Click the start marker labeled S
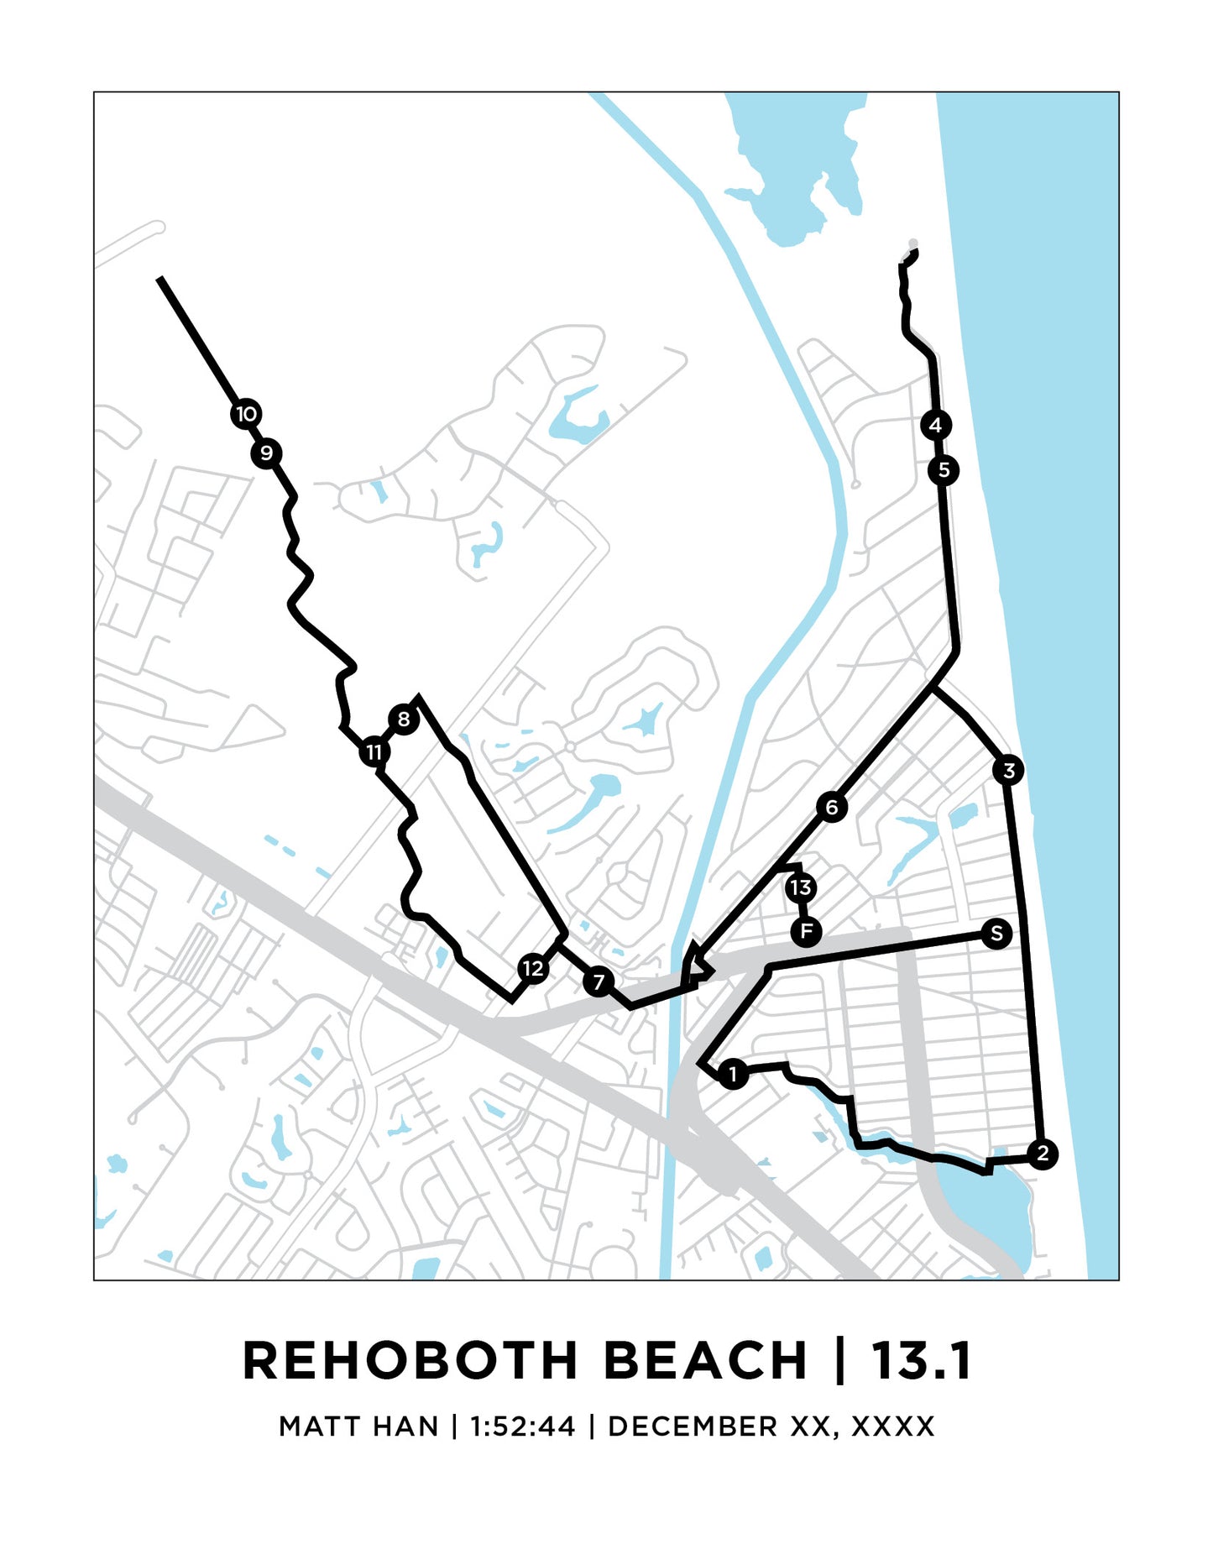(996, 933)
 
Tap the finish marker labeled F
(806, 931)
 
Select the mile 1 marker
(733, 1074)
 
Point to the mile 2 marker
(1043, 1154)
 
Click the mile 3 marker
(1008, 770)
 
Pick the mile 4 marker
(935, 425)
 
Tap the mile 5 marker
(944, 470)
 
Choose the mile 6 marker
(831, 808)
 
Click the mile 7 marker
(599, 981)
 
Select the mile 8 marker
(404, 720)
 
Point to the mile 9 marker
(266, 453)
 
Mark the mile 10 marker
(246, 414)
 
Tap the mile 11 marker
(374, 752)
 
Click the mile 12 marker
(533, 969)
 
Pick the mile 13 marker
(801, 887)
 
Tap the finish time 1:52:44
(522, 1426)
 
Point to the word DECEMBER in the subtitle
(693, 1426)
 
